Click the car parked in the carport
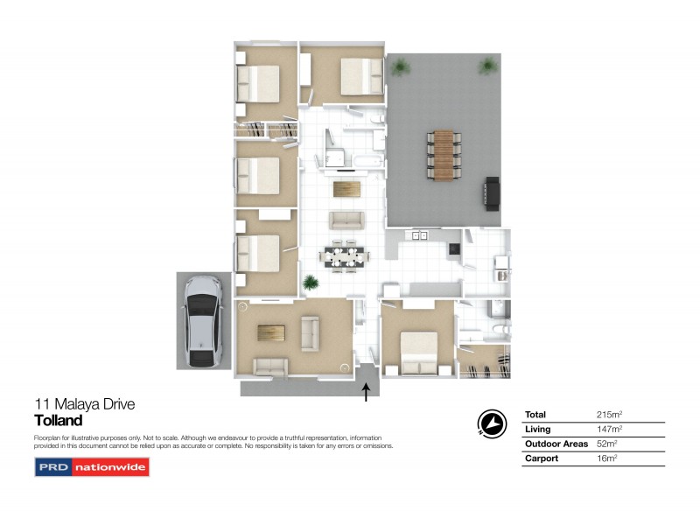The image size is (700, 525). click(x=204, y=321)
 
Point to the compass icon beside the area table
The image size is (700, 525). click(x=493, y=423)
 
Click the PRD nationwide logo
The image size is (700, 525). click(x=92, y=467)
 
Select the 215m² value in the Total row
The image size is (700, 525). click(x=609, y=415)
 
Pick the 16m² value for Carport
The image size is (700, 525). click(x=606, y=458)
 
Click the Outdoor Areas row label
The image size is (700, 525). click(x=556, y=444)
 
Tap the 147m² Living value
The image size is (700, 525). click(x=609, y=429)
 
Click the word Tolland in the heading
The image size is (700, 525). click(x=58, y=420)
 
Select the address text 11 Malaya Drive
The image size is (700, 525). click(x=84, y=404)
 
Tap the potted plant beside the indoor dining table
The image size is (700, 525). click(x=309, y=282)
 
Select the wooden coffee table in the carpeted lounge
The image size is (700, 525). click(x=271, y=332)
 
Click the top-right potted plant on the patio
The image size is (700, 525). click(x=486, y=66)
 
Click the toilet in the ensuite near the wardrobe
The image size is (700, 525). click(x=495, y=327)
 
